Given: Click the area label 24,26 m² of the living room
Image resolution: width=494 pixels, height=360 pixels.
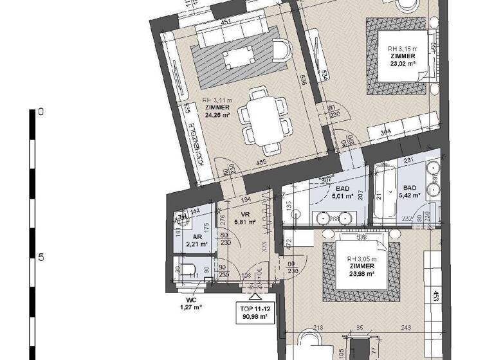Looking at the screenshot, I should pos(218,116).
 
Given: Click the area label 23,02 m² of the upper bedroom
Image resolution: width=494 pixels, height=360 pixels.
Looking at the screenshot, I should pos(403,64).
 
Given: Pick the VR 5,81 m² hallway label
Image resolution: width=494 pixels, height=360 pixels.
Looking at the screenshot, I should pos(244,221).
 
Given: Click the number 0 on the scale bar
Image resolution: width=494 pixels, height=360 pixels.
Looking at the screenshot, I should pos(41,111).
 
